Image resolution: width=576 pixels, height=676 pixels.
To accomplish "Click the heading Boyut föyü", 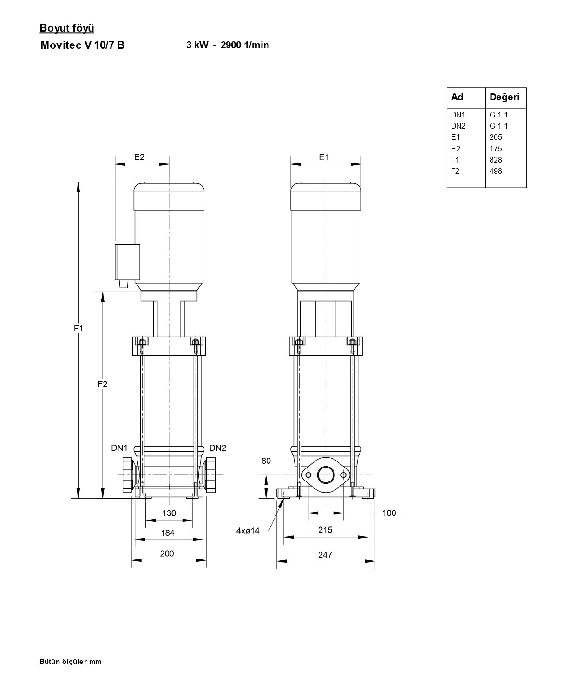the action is point(67,28).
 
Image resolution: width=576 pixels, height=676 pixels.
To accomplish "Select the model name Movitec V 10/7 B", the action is point(83,45).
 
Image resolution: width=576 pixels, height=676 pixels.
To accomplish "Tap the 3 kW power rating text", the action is point(197,45).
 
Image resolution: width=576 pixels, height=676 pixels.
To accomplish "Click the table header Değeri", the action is point(504,97).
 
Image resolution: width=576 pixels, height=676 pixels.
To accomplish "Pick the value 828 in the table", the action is point(496,160).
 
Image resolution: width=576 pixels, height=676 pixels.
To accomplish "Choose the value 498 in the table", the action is point(496,171).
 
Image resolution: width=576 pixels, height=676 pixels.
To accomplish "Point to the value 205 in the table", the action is point(496,137).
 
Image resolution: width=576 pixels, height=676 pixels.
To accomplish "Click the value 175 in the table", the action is point(496,149).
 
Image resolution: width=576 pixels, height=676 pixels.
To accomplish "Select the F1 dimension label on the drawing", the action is point(79,329).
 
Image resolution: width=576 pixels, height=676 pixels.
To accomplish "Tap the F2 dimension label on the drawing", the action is point(103,384).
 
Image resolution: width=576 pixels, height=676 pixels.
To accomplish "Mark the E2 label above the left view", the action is point(139,157).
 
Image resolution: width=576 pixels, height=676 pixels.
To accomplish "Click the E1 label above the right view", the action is point(324,157).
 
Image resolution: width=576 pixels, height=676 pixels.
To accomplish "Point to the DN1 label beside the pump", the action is point(119,448).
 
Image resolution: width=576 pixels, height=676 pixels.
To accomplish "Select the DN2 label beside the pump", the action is point(218,448).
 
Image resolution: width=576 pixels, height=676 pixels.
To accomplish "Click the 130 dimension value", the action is point(169,513).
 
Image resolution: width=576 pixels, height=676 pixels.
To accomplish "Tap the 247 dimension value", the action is point(325,555).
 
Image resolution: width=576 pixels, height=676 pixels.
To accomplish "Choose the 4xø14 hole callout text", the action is point(248,531).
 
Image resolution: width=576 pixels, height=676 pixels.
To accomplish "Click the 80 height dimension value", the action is point(266,461).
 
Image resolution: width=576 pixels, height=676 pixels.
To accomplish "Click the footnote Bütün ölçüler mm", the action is point(70,662).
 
